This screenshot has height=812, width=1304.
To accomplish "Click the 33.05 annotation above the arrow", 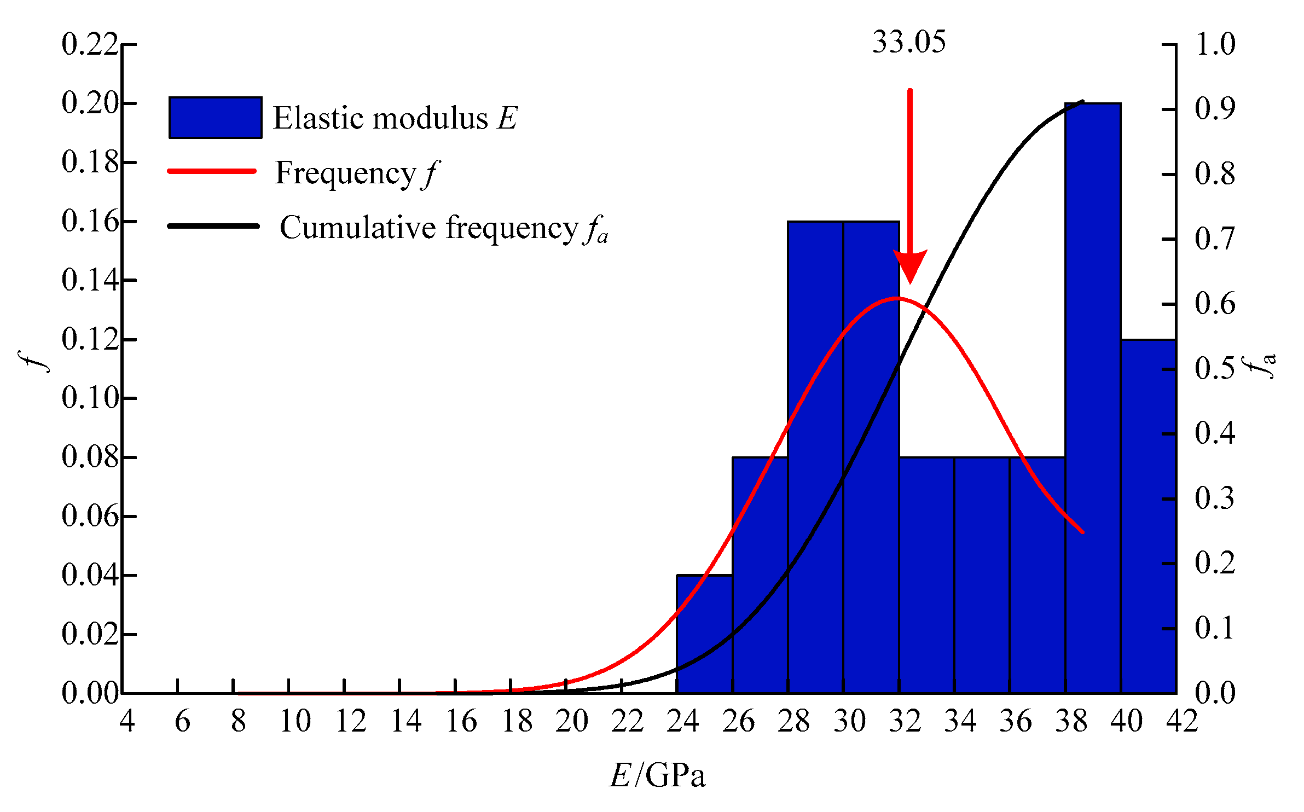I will (x=909, y=42).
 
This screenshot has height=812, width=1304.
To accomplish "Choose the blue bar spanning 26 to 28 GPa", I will (x=760, y=575).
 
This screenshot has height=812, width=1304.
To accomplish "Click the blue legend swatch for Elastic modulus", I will (x=215, y=118).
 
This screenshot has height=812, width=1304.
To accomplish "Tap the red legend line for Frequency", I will (x=212, y=172).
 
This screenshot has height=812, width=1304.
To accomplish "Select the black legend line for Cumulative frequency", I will (x=213, y=226).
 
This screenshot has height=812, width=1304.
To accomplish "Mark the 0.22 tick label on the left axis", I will (x=90, y=44).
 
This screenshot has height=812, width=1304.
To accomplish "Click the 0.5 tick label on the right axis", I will (x=1215, y=368).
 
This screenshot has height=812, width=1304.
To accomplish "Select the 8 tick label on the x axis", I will (x=238, y=721).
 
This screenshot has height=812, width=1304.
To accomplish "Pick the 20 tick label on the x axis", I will (x=572, y=721).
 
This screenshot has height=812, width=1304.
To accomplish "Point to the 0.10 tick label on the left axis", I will (x=90, y=398).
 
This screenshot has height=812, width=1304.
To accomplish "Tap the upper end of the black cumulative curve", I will (x=1082, y=102).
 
